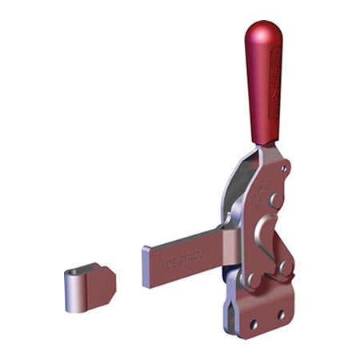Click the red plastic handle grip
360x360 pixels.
tap(262, 88)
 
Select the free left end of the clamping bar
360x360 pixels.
tap(149, 267)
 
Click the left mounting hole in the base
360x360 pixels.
tap(256, 325)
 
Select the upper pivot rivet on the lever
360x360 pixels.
tap(274, 198)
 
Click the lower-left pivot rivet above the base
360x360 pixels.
tap(255, 280)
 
